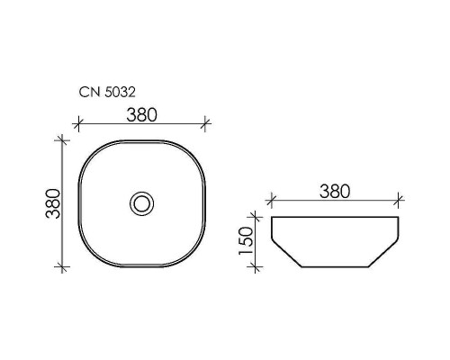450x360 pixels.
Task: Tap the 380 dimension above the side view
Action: point(334,191)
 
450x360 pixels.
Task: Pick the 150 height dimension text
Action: point(246,242)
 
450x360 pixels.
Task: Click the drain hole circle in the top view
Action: point(142,202)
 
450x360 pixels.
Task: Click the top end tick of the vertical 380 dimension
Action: point(62,139)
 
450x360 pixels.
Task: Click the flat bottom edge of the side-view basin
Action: point(335,267)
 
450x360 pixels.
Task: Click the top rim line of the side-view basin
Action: point(335,217)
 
